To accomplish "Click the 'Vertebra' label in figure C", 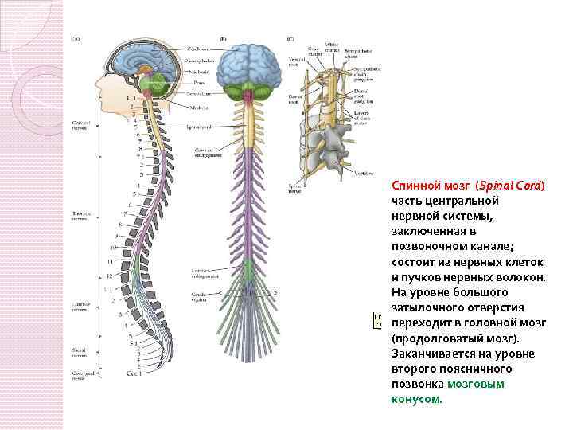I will [364, 173].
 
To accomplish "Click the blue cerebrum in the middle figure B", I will [248, 57].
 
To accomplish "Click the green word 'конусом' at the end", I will [415, 399].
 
